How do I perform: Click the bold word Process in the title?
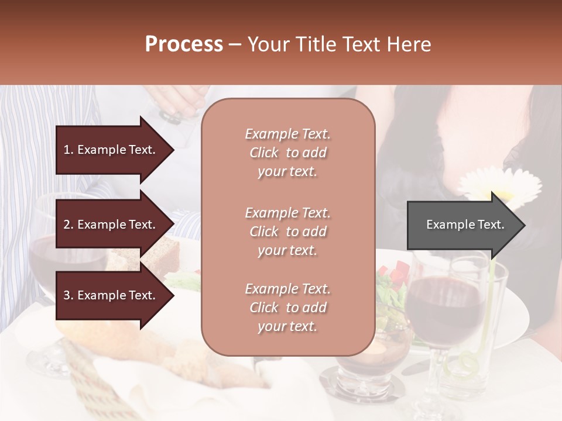184,44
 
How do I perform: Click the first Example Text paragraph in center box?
287,153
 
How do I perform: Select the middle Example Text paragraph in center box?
287,232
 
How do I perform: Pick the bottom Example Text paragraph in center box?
287,308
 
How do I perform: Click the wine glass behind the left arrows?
44,257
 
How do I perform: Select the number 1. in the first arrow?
68,150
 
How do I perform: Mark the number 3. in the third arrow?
68,295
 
